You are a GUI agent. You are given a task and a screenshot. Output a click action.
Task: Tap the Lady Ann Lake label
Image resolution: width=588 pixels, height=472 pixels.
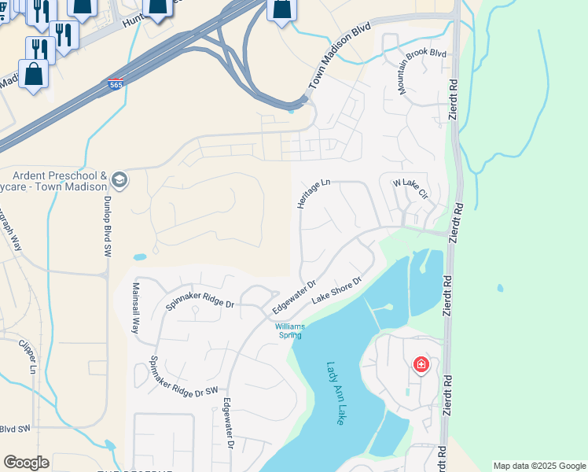click(x=336, y=393)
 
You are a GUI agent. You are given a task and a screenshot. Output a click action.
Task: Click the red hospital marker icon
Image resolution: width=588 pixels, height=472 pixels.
click(x=421, y=364)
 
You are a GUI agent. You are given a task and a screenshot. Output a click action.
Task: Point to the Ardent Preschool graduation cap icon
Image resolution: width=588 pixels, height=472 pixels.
click(x=119, y=181)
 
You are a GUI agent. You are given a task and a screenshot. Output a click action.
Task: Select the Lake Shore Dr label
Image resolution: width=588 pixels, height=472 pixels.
click(x=336, y=290)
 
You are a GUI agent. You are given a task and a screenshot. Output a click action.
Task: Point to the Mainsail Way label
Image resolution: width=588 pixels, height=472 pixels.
click(x=135, y=308)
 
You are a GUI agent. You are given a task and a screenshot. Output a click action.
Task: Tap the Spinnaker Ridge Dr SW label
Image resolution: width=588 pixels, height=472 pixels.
click(x=183, y=380)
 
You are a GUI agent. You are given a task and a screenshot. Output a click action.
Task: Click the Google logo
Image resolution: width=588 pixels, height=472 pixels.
click(x=26, y=463)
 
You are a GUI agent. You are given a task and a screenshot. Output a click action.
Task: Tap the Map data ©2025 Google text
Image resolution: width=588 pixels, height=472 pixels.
click(x=540, y=466)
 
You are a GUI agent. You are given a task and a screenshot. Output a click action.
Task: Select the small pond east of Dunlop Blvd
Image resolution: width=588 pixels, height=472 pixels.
click(x=139, y=256)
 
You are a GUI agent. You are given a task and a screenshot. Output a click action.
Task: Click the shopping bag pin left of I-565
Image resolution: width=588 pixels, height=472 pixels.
click(x=33, y=76)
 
